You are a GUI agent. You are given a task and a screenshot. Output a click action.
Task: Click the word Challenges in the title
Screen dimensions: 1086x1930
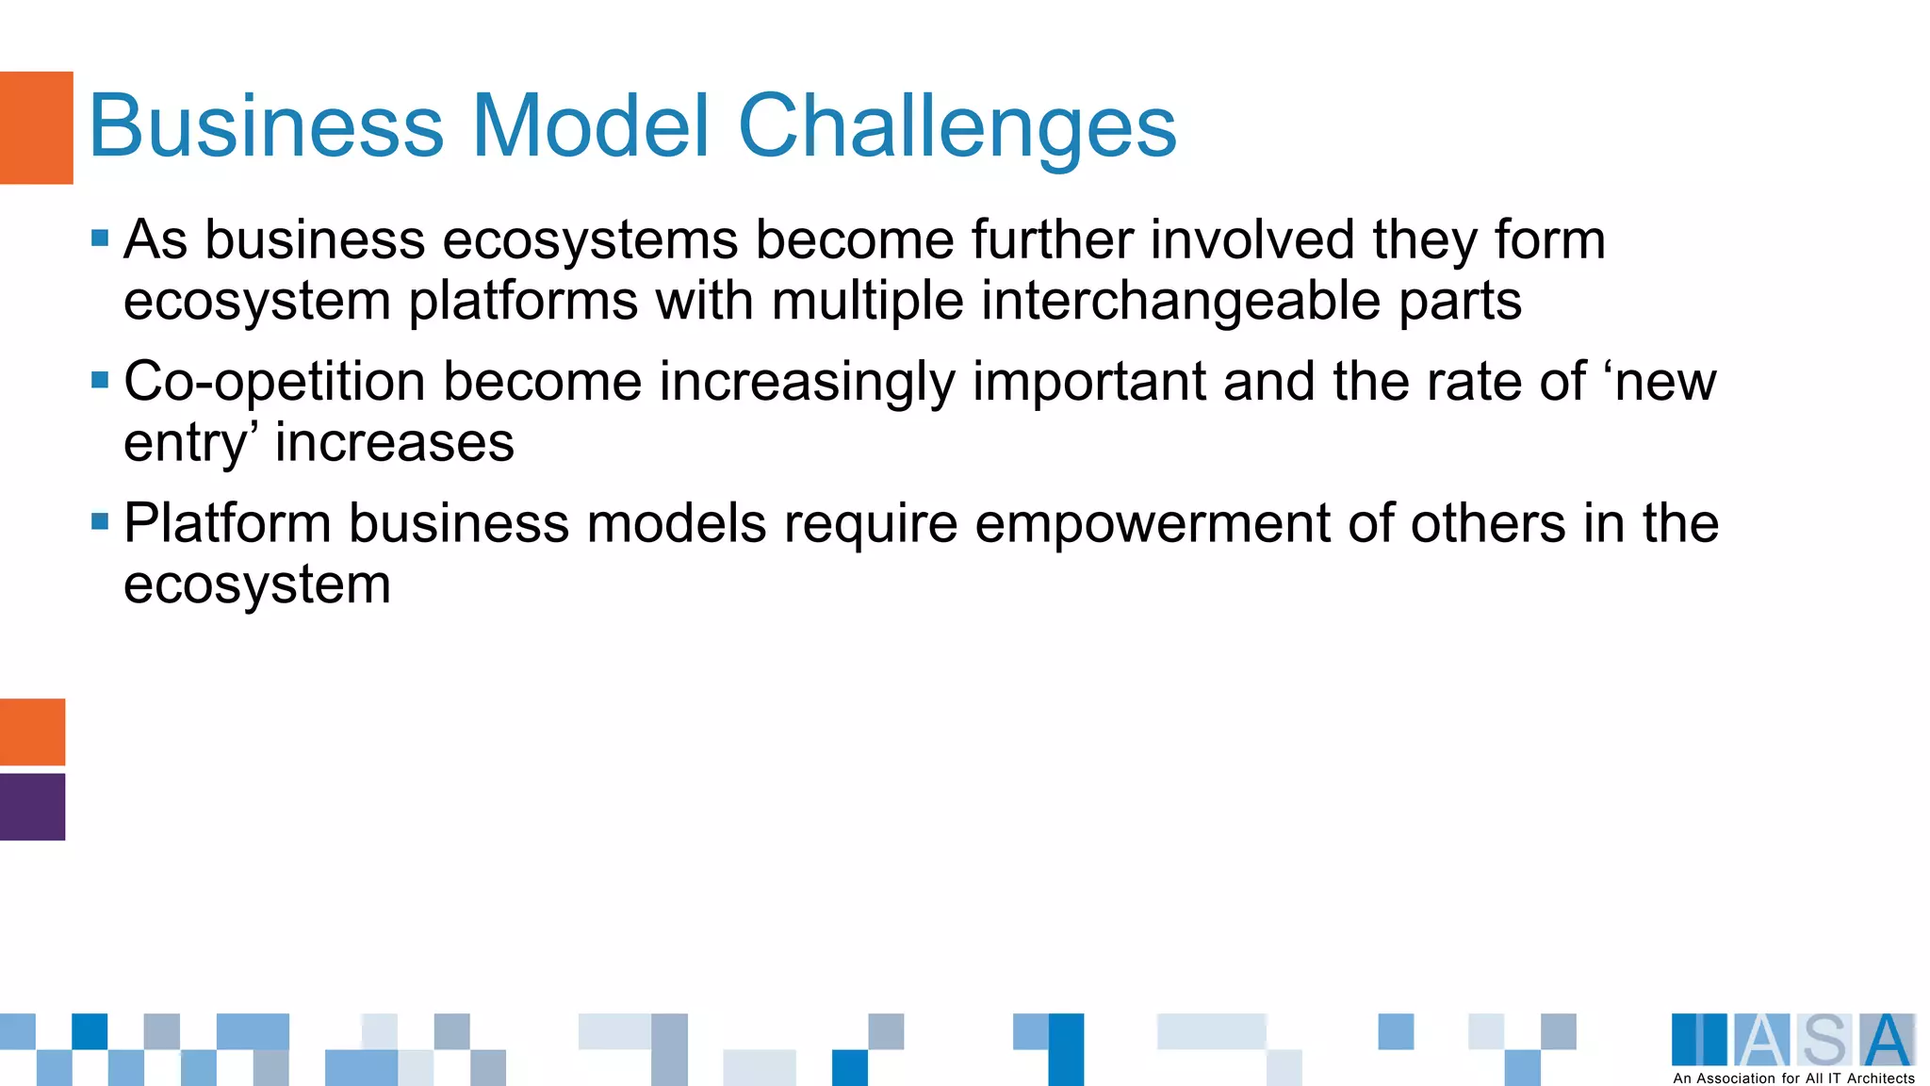957,127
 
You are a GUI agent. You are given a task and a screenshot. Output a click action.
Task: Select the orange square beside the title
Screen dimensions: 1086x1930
36,127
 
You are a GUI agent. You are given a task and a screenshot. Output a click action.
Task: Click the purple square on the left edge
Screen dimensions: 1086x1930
32,807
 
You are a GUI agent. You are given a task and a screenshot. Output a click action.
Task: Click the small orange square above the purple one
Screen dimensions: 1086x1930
32,732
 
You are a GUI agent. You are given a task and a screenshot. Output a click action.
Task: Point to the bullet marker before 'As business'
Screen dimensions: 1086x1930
100,238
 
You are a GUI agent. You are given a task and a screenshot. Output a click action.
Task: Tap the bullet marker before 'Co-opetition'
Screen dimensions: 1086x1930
100,380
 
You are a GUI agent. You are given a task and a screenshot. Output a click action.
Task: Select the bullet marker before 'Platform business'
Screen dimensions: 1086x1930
100,521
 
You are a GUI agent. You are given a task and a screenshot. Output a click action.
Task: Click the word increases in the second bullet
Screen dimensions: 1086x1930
394,443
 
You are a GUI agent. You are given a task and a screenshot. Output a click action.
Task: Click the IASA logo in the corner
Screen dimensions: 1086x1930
1793,1040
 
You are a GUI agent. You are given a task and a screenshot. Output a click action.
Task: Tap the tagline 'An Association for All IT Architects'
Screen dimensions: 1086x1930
1793,1078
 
